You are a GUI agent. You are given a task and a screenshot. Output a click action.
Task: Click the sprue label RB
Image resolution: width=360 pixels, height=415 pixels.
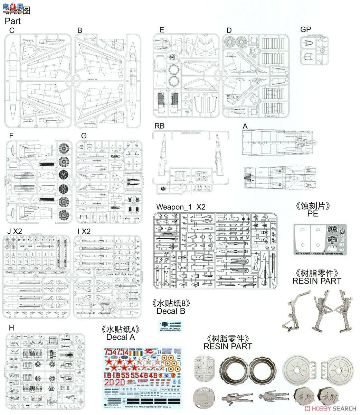click(160, 127)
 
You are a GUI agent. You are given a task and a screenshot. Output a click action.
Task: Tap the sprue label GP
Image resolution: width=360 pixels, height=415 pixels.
click(305, 30)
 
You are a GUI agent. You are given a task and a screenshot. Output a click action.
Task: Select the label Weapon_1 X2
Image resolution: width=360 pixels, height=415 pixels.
click(181, 207)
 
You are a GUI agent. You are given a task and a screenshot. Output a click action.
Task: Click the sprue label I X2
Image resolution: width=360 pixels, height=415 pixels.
click(84, 231)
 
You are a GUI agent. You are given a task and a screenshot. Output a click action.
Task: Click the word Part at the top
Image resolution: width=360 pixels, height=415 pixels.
click(13, 21)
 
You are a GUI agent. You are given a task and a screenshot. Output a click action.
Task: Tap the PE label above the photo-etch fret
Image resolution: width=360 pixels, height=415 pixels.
click(312, 214)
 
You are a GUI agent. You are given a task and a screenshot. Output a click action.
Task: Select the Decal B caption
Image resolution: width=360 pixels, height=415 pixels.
click(171, 311)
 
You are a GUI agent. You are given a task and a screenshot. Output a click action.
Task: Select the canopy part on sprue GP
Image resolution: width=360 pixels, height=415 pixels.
click(309, 44)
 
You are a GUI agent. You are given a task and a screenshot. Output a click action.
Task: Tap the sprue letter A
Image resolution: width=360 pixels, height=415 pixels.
click(245, 127)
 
